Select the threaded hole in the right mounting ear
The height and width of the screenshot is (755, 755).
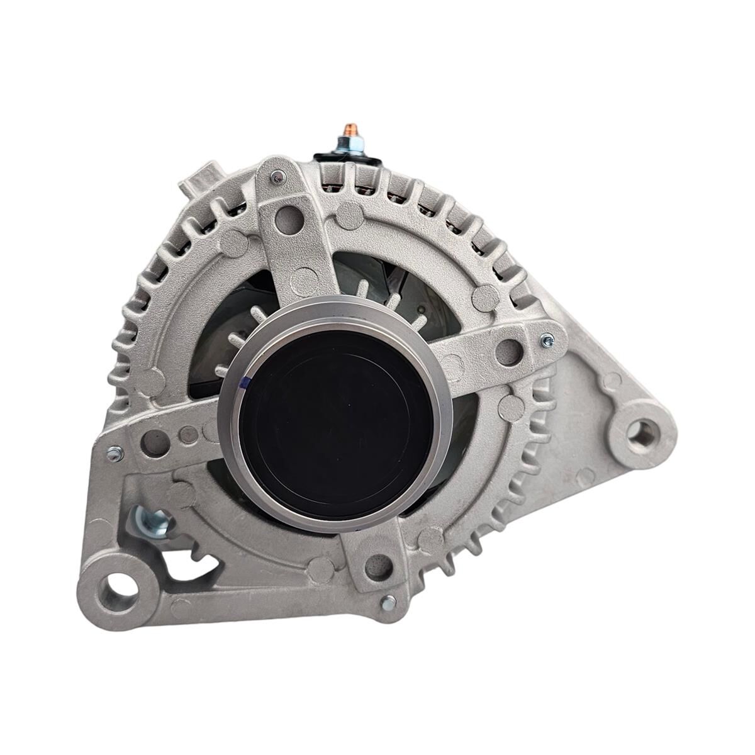[642, 433]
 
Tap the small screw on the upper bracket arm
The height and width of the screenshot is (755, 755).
[275, 179]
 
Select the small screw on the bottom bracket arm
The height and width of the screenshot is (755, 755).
[388, 601]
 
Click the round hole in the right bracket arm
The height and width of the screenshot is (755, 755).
[507, 352]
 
